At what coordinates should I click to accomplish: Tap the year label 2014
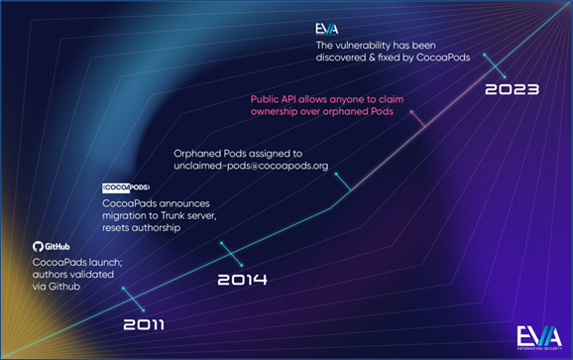pos(243,280)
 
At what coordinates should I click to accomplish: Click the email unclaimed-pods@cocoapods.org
pos(251,168)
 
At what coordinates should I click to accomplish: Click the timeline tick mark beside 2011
pos(126,293)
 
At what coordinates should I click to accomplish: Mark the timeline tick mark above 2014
pos(225,248)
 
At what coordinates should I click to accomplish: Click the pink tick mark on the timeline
pos(418,121)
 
